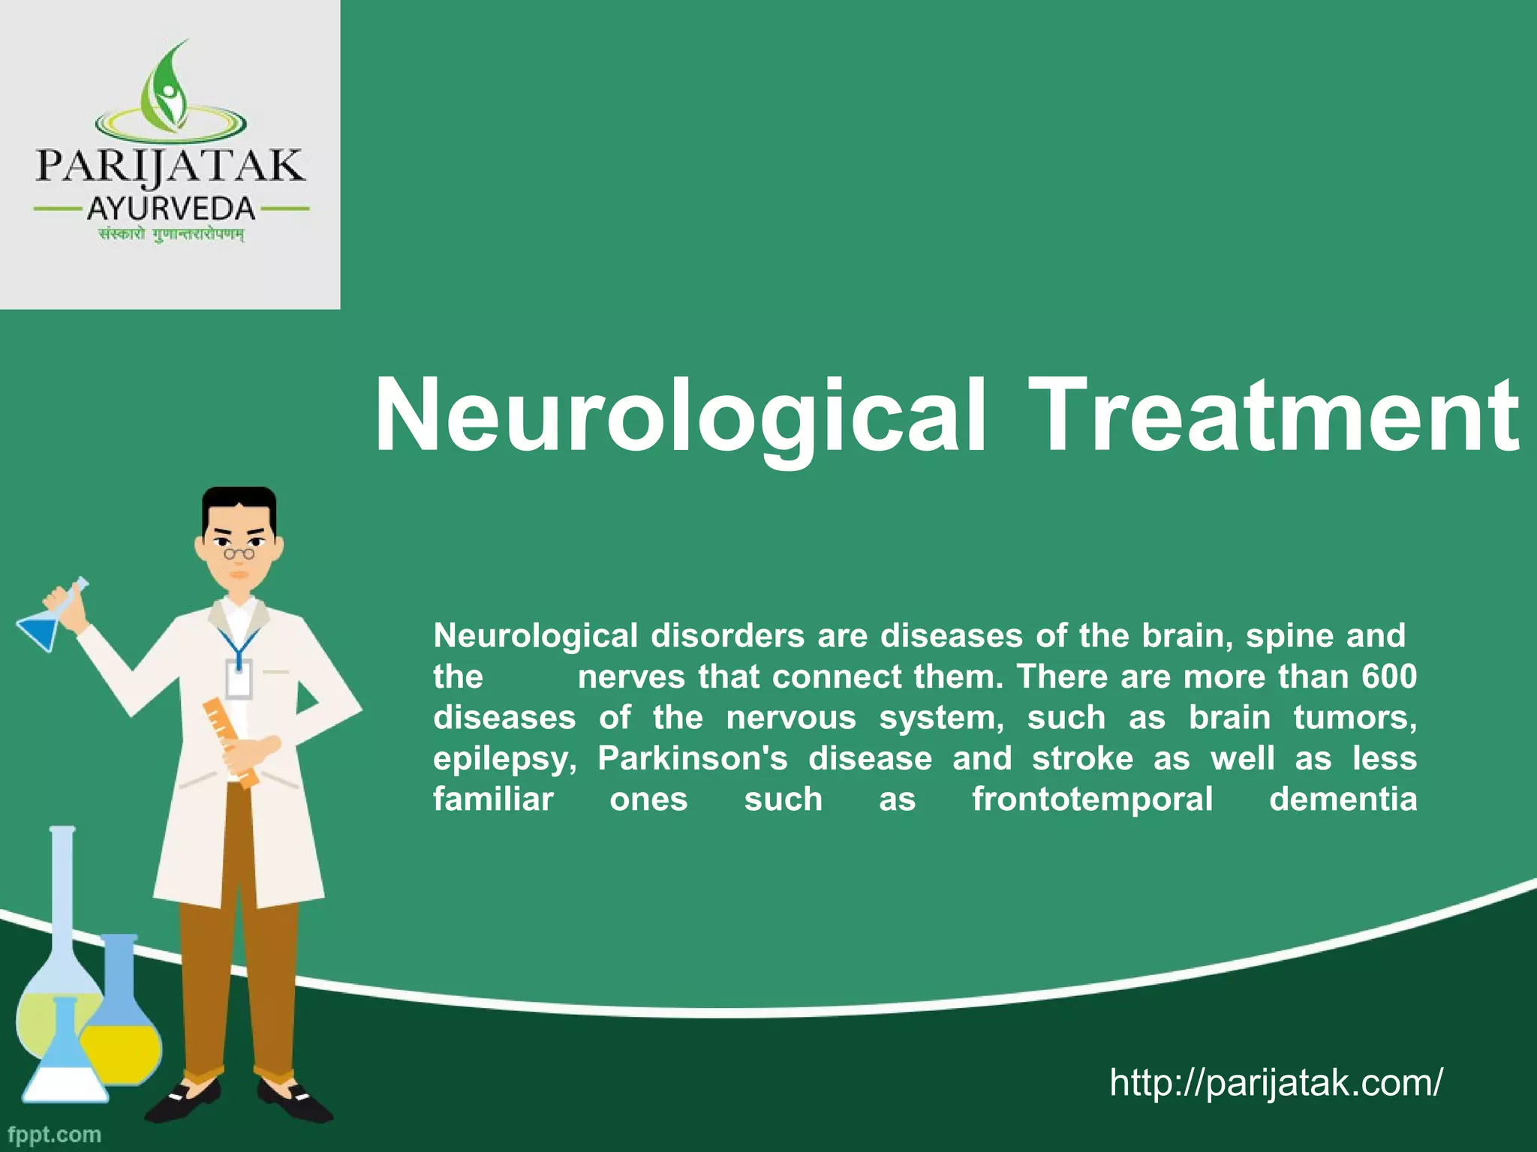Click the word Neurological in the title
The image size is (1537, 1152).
(x=679, y=416)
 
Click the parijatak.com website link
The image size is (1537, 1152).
(x=1275, y=1082)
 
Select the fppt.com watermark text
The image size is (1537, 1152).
(x=54, y=1134)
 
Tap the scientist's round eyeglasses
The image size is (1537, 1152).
(x=239, y=553)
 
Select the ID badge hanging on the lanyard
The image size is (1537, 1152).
(x=239, y=679)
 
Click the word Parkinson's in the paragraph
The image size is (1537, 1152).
(x=692, y=758)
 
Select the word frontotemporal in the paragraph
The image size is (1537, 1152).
(x=1092, y=799)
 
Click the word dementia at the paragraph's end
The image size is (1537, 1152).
(x=1343, y=799)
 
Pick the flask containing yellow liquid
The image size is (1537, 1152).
(x=120, y=1027)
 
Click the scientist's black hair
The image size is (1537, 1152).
(x=239, y=504)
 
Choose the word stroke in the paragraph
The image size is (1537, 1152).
(x=1082, y=758)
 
